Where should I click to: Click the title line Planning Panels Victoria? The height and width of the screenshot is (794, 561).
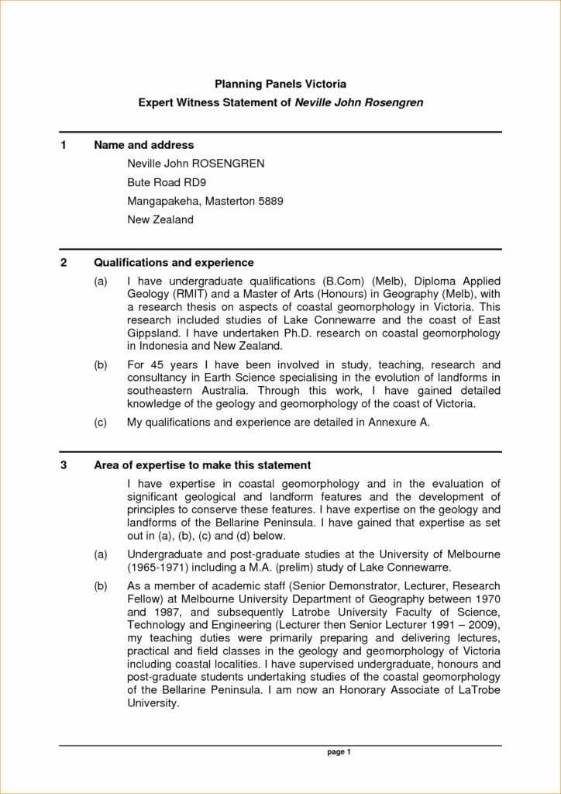(x=280, y=83)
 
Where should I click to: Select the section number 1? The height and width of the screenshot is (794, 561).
(x=64, y=145)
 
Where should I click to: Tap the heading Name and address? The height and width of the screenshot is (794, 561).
(x=143, y=145)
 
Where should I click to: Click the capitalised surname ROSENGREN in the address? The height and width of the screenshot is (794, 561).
(x=229, y=164)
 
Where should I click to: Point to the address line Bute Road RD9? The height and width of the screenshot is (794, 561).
(x=166, y=182)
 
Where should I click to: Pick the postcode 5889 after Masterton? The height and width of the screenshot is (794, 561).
(x=270, y=201)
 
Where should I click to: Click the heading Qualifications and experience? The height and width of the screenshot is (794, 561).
(x=174, y=263)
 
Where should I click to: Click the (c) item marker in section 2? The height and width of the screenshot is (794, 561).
(x=101, y=423)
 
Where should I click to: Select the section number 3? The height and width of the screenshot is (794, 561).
(x=64, y=465)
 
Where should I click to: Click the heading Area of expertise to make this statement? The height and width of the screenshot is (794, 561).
(x=202, y=465)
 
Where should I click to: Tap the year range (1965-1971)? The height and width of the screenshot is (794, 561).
(x=160, y=568)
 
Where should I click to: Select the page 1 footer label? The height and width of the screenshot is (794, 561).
(x=339, y=752)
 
